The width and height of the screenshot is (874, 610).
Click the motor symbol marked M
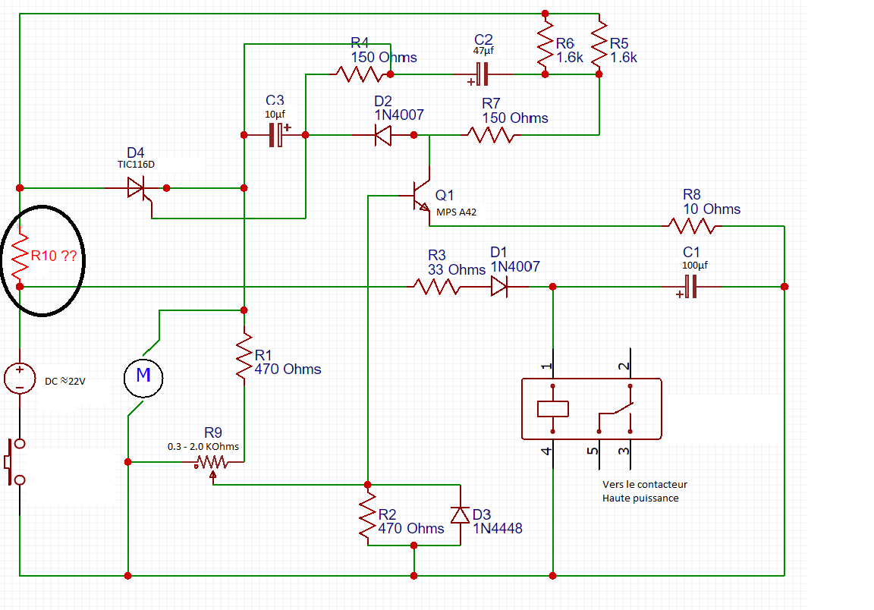[x=143, y=375]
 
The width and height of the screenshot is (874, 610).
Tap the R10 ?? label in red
[x=53, y=256]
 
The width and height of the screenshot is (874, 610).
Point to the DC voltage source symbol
[x=20, y=377]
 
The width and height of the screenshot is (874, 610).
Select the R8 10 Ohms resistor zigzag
[x=691, y=225]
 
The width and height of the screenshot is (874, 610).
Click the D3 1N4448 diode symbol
[x=460, y=515]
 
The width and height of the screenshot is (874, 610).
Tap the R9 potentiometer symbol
[x=212, y=462]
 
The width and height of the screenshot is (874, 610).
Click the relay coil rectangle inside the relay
[x=552, y=408]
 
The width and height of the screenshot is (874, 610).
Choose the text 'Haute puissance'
[x=640, y=498]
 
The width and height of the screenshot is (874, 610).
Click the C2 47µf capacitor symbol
[x=482, y=74]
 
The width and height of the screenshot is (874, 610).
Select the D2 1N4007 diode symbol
[x=384, y=135]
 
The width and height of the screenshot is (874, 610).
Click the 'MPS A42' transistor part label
[x=456, y=212]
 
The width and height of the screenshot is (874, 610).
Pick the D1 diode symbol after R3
[x=498, y=286]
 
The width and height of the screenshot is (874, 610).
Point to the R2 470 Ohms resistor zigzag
[x=367, y=515]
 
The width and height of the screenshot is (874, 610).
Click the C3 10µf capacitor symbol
[x=277, y=135]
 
